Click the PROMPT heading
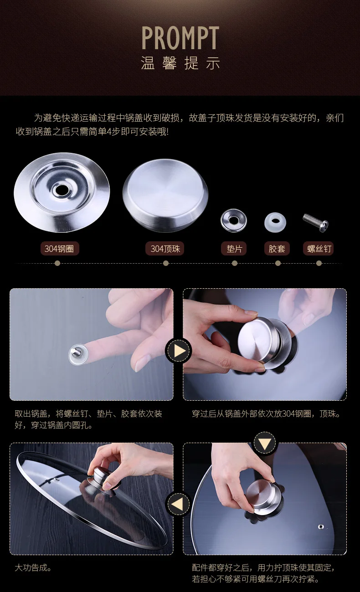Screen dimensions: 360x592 (180, 38)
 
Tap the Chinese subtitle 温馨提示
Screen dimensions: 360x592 (180, 63)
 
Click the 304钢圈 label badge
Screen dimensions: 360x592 (60, 249)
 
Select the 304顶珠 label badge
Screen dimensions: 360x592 (165, 249)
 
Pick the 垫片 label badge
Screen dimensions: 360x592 (234, 249)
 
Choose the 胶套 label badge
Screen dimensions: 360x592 (277, 249)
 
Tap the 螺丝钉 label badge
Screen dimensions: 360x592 (319, 249)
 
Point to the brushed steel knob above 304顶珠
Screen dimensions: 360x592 (165, 195)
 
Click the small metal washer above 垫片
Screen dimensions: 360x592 (234, 220)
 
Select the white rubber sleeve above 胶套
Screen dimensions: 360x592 (275, 222)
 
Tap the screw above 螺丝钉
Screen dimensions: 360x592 (316, 223)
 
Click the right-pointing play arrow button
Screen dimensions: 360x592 (179, 351)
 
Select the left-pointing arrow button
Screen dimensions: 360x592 (179, 504)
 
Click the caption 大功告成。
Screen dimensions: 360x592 (33, 567)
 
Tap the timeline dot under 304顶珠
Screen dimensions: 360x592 (166, 263)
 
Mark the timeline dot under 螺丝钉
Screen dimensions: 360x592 (319, 263)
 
